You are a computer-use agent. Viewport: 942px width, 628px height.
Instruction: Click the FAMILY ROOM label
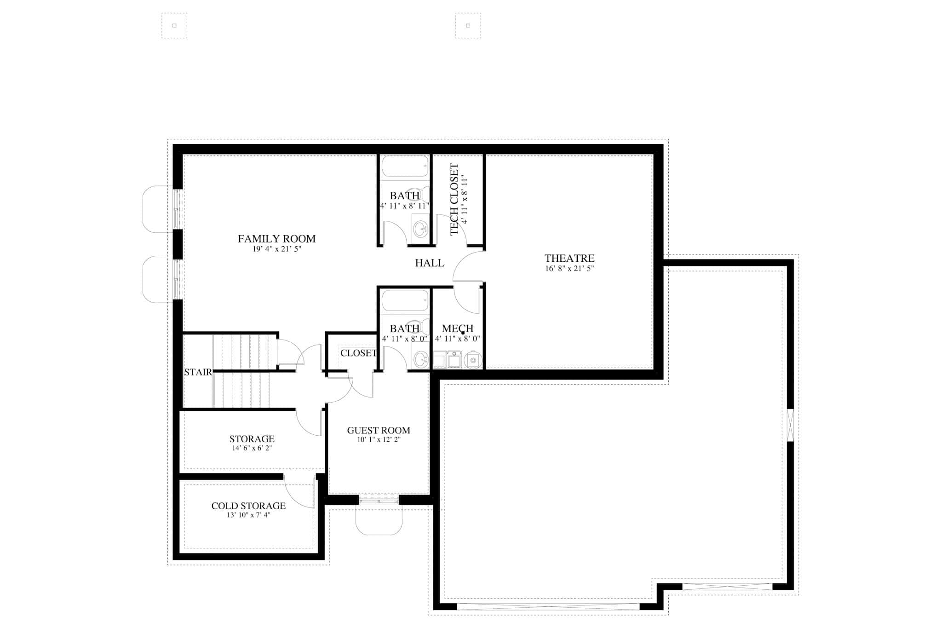coord(276,239)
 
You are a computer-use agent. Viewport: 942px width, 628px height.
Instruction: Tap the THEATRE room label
coord(569,258)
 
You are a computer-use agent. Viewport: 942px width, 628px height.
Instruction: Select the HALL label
coord(429,263)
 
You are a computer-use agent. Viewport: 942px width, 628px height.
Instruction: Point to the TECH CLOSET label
coord(454,199)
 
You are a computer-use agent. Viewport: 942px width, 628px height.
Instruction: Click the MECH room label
coord(457,328)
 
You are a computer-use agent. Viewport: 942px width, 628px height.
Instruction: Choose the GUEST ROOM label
coord(378,431)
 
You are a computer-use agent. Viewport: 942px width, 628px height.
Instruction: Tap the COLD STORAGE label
coord(248,506)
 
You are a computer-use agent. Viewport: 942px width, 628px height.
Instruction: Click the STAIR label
coord(198,372)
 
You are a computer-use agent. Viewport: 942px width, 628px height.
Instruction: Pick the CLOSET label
coord(358,353)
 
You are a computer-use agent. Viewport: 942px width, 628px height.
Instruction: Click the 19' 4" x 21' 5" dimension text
coord(276,249)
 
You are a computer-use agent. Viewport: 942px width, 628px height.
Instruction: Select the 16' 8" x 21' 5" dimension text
coord(569,269)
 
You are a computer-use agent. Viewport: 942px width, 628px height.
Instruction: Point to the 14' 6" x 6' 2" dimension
coord(252,448)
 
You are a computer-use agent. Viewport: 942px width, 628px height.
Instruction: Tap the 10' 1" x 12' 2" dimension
coord(378,440)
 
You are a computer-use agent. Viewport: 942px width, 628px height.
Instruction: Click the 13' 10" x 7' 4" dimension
coord(248,515)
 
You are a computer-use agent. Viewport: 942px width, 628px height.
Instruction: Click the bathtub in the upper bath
coord(405,166)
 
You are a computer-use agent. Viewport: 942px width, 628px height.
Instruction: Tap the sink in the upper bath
coord(420,228)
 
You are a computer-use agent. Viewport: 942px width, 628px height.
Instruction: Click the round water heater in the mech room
coord(473,360)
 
